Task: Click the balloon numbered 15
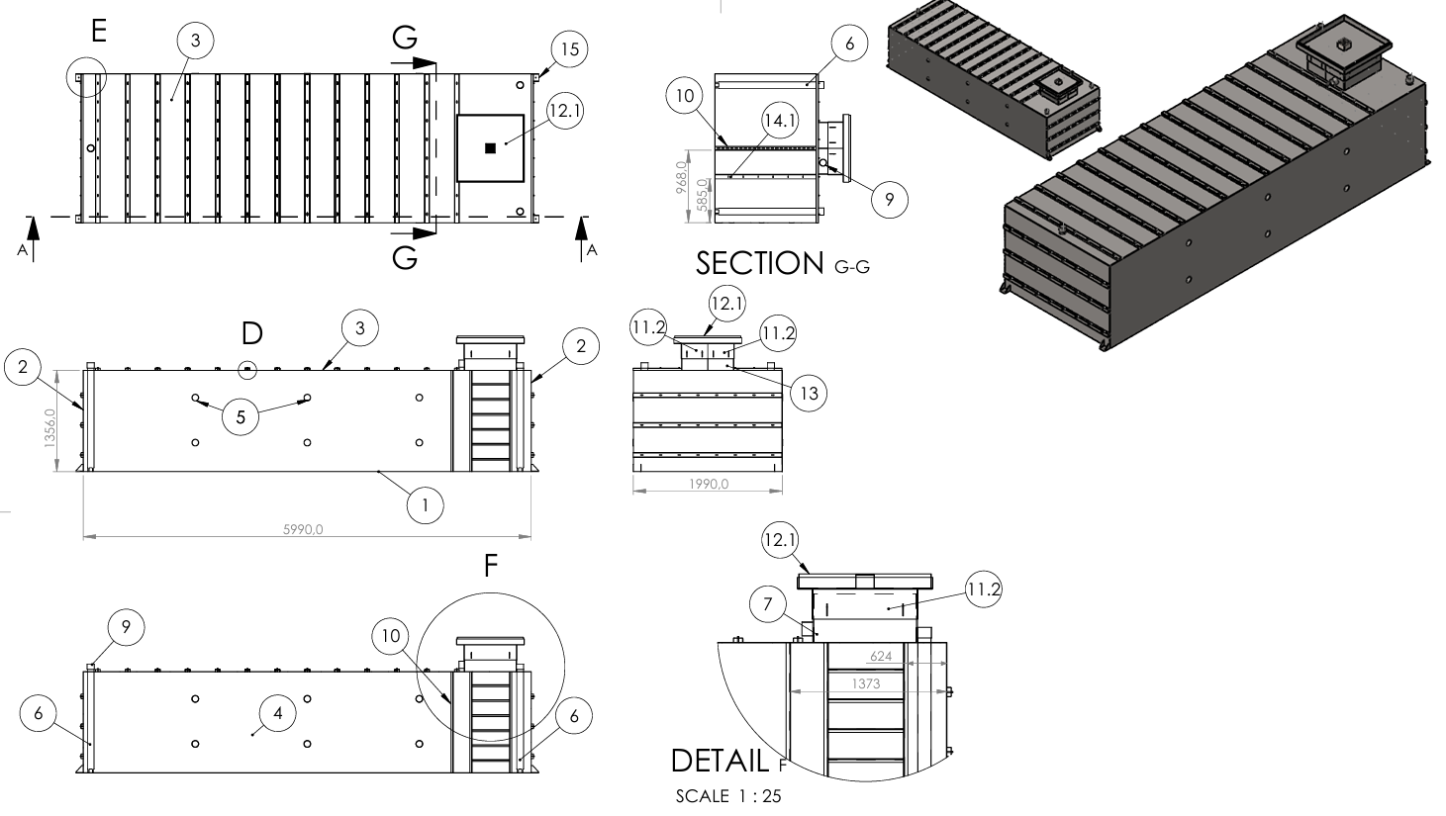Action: pyautogui.click(x=568, y=47)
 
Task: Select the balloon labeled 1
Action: pyautogui.click(x=426, y=505)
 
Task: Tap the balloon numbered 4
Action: pyautogui.click(x=278, y=712)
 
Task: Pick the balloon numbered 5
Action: pyautogui.click(x=241, y=416)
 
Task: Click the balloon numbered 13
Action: pyautogui.click(x=809, y=393)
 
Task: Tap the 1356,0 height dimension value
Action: pyautogui.click(x=49, y=420)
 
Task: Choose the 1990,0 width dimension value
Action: pyautogui.click(x=708, y=484)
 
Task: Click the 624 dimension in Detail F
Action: pyautogui.click(x=881, y=656)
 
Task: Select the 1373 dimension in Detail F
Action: pyautogui.click(x=863, y=682)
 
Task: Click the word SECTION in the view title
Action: pyautogui.click(x=759, y=263)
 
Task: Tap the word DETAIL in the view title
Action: pyautogui.click(x=719, y=760)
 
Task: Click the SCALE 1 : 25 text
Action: pyautogui.click(x=727, y=796)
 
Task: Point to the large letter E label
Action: pyautogui.click(x=98, y=31)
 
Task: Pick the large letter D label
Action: pyautogui.click(x=252, y=331)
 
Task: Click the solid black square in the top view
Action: pyautogui.click(x=490, y=148)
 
